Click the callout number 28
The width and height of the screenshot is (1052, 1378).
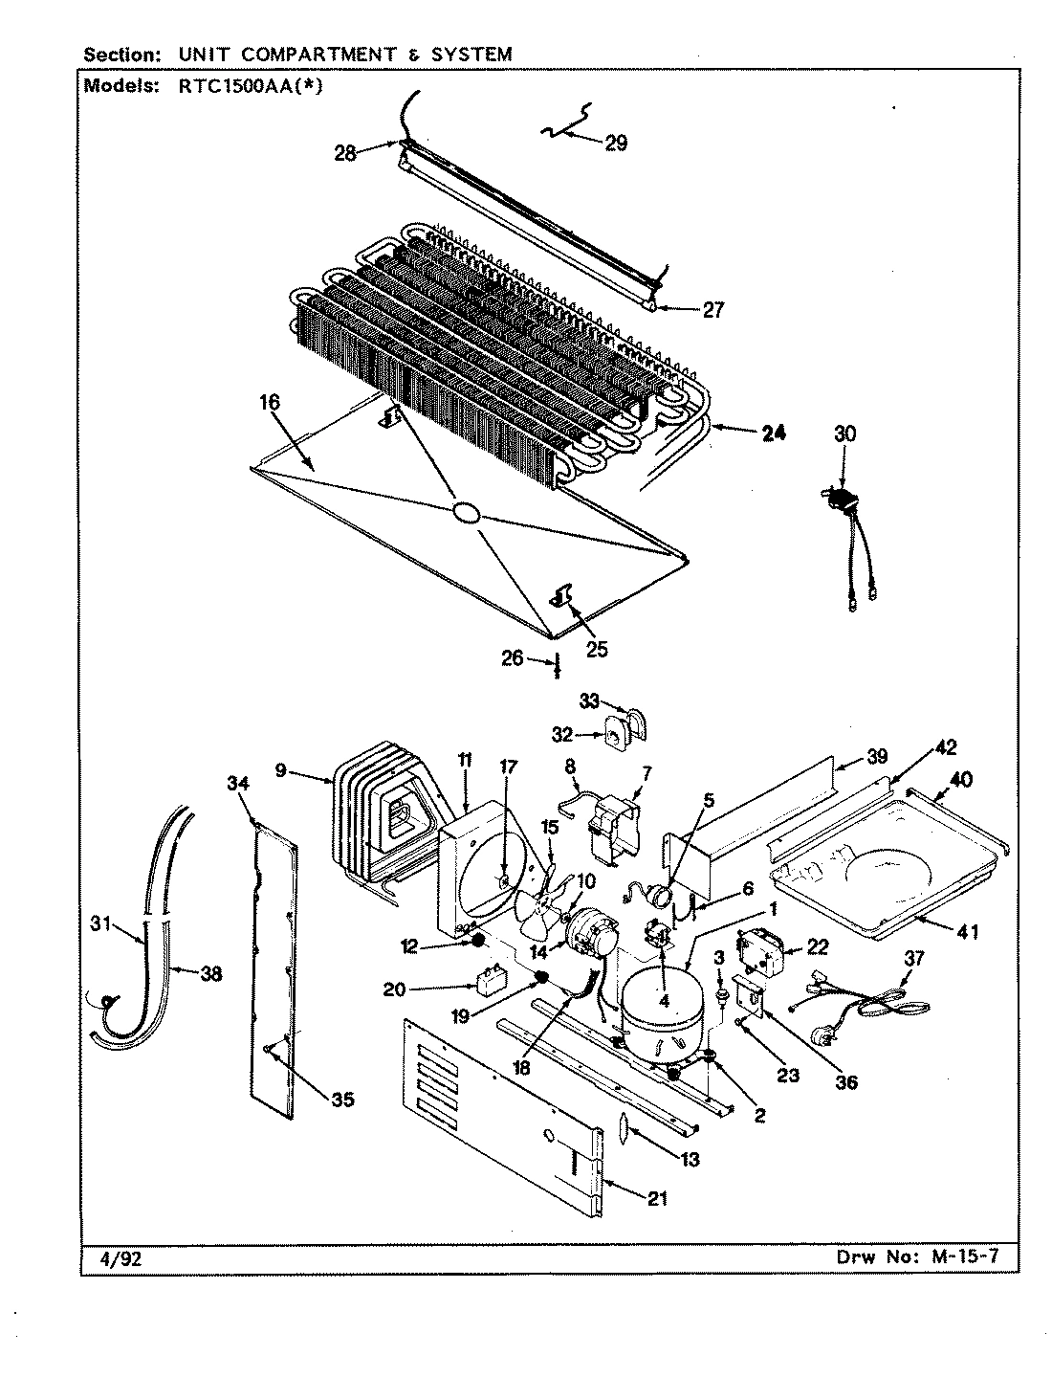[345, 152]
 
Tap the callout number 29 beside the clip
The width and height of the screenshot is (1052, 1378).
[615, 143]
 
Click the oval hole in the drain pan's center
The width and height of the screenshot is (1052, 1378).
[468, 514]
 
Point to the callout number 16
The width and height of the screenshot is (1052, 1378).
[271, 402]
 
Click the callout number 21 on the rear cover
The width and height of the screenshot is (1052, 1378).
[657, 1199]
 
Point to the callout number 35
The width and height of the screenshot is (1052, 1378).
[341, 1100]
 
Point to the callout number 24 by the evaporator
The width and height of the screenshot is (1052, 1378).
[773, 433]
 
